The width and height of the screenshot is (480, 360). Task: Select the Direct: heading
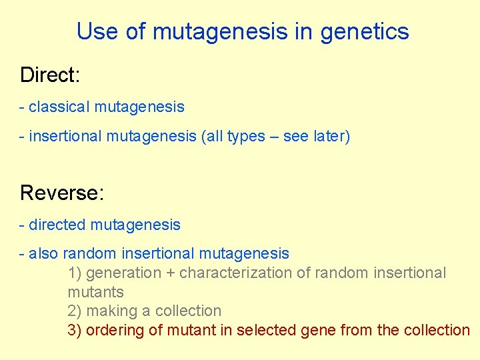(x=50, y=75)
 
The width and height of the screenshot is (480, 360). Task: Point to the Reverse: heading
(x=62, y=193)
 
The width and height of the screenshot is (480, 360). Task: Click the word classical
(x=59, y=107)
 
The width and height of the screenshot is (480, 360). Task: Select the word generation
(x=123, y=273)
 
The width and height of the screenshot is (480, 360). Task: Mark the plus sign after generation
(x=170, y=273)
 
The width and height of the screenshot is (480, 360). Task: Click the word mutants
(x=95, y=292)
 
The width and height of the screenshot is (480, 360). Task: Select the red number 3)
(x=75, y=330)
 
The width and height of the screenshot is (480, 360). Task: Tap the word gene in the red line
(x=311, y=330)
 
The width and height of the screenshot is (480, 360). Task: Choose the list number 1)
(x=75, y=273)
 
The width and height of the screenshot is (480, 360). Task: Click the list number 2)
(x=75, y=311)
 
